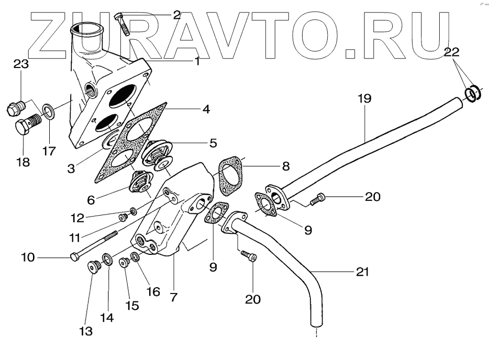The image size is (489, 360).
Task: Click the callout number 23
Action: tap(20, 65)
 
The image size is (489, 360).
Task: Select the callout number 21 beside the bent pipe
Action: tap(362, 272)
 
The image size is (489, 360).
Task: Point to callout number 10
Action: tap(28, 257)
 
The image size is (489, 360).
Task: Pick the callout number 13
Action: tap(86, 331)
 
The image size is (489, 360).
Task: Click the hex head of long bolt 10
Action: tap(74, 256)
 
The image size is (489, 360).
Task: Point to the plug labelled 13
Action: tap(94, 267)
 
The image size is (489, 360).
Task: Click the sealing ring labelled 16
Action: tap(136, 257)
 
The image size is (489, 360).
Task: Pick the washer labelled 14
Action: tap(107, 259)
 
